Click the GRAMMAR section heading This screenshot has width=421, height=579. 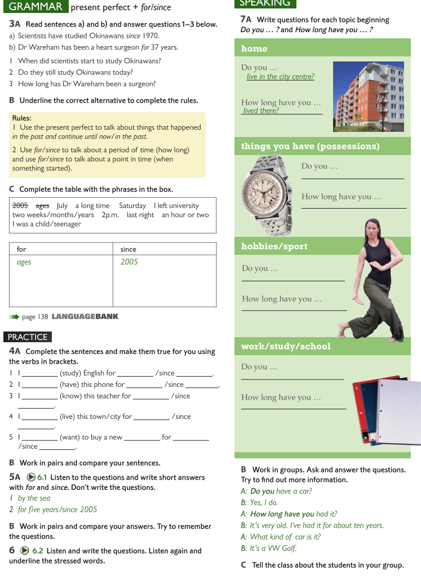pyautogui.click(x=36, y=7)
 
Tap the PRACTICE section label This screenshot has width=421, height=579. pyautogui.click(x=28, y=337)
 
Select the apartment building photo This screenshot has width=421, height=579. pyautogui.click(x=368, y=96)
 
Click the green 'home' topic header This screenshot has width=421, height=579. pyautogui.click(x=254, y=48)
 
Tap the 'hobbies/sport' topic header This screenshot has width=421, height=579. pyautogui.click(x=274, y=246)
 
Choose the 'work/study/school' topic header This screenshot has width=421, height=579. pyautogui.click(x=286, y=346)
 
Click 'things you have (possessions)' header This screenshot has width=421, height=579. pyautogui.click(x=310, y=147)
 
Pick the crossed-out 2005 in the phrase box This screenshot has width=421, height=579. pyautogui.click(x=20, y=206)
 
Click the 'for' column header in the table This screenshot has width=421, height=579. pyautogui.click(x=21, y=249)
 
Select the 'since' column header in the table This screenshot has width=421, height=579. pyautogui.click(x=128, y=249)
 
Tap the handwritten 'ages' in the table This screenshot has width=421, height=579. pyautogui.click(x=24, y=262)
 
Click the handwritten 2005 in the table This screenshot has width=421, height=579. pyautogui.click(x=129, y=262)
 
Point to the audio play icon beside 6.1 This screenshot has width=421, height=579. pyautogui.click(x=32, y=478)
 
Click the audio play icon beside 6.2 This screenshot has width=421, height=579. pyautogui.click(x=25, y=551)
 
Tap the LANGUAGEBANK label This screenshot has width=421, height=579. pyautogui.click(x=85, y=317)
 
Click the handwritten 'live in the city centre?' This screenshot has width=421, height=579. pyautogui.click(x=280, y=77)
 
